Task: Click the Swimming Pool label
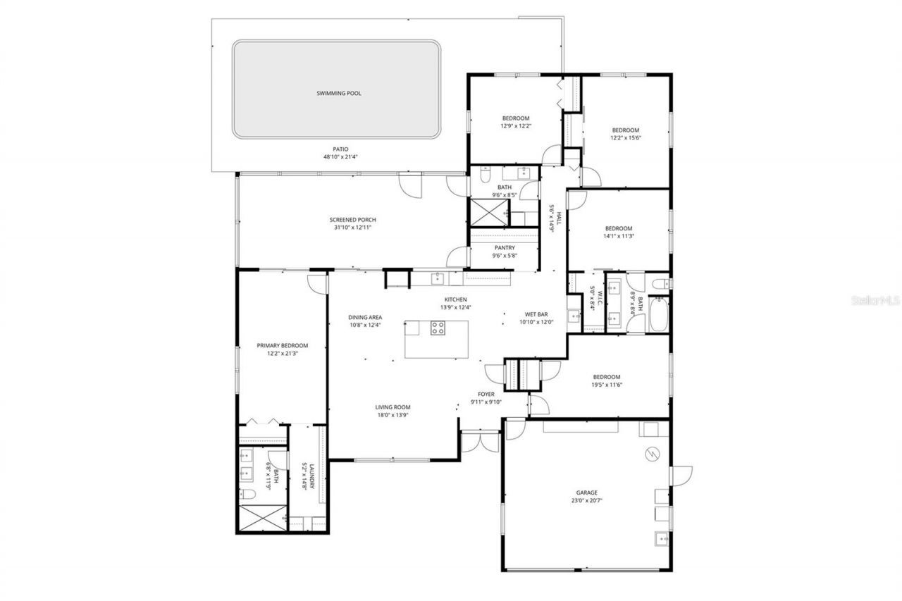pos(338,93)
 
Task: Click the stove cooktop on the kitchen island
pos(438,327)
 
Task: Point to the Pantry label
pos(505,248)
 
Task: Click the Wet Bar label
pos(536,314)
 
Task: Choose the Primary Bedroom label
pos(282,345)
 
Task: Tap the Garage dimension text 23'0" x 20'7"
pos(586,500)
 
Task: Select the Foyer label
pos(486,395)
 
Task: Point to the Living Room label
pos(393,407)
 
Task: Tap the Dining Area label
pos(365,317)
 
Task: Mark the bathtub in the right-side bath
pos(660,316)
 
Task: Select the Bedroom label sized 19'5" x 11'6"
pos(606,377)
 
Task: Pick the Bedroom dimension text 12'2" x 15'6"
pos(625,138)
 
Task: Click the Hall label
pos(559,217)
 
